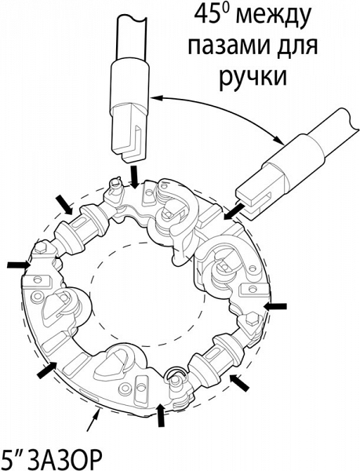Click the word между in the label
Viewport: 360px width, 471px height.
tap(273, 16)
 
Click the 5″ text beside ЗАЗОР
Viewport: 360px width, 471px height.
tap(14, 456)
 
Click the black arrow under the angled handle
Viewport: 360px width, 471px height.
tap(234, 211)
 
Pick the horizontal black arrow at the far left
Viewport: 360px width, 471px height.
tap(19, 265)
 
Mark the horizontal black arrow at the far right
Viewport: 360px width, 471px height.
tap(275, 306)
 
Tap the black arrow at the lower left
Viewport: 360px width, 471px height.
tap(47, 370)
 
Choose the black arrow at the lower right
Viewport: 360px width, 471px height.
tap(240, 382)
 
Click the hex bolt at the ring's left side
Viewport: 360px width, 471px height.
tap(40, 248)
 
